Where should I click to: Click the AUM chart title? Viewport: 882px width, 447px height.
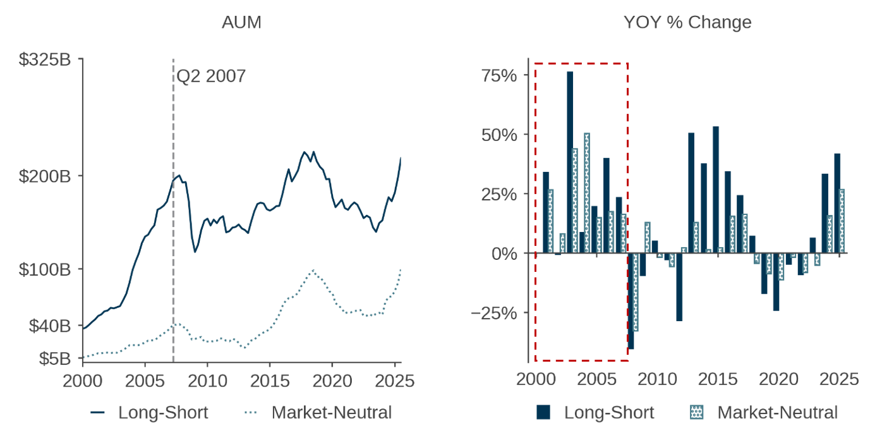[241, 23]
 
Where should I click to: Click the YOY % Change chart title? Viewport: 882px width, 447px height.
[687, 23]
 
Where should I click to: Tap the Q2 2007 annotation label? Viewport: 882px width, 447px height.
[211, 77]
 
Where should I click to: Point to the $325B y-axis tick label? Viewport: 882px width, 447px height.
[44, 60]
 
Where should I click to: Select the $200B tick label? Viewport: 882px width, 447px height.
[44, 176]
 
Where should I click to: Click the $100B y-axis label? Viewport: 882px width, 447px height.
[44, 269]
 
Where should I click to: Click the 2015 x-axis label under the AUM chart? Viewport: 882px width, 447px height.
[270, 381]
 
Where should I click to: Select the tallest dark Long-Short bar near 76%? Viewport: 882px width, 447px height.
[570, 162]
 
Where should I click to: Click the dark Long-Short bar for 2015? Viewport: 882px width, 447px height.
[716, 190]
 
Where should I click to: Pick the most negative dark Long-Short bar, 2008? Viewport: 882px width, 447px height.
[631, 301]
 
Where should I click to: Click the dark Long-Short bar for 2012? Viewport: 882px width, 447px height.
[679, 287]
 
